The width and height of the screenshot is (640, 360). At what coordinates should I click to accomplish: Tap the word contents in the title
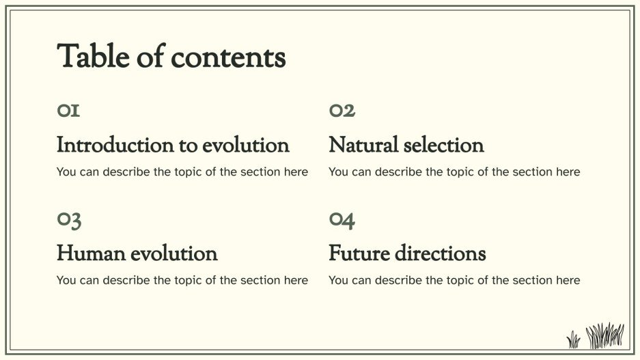[228, 58]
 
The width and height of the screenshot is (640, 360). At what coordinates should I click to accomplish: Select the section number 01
[68, 111]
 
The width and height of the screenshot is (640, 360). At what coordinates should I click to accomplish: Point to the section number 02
[342, 111]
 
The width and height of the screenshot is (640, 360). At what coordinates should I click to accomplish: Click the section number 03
[69, 220]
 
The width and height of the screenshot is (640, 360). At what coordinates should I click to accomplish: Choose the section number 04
[342, 220]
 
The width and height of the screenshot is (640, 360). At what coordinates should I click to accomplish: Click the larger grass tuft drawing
[605, 335]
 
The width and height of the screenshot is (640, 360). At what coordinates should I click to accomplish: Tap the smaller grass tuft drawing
[574, 339]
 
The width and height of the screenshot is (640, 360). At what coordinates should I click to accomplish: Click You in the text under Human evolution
[66, 281]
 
